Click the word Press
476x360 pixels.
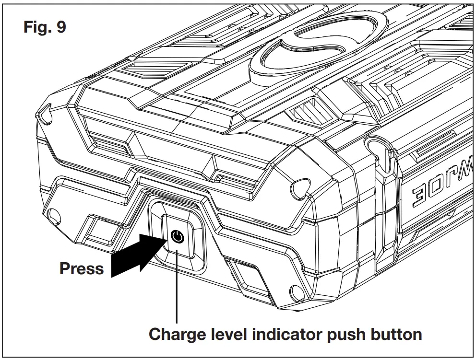pos(82,268)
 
